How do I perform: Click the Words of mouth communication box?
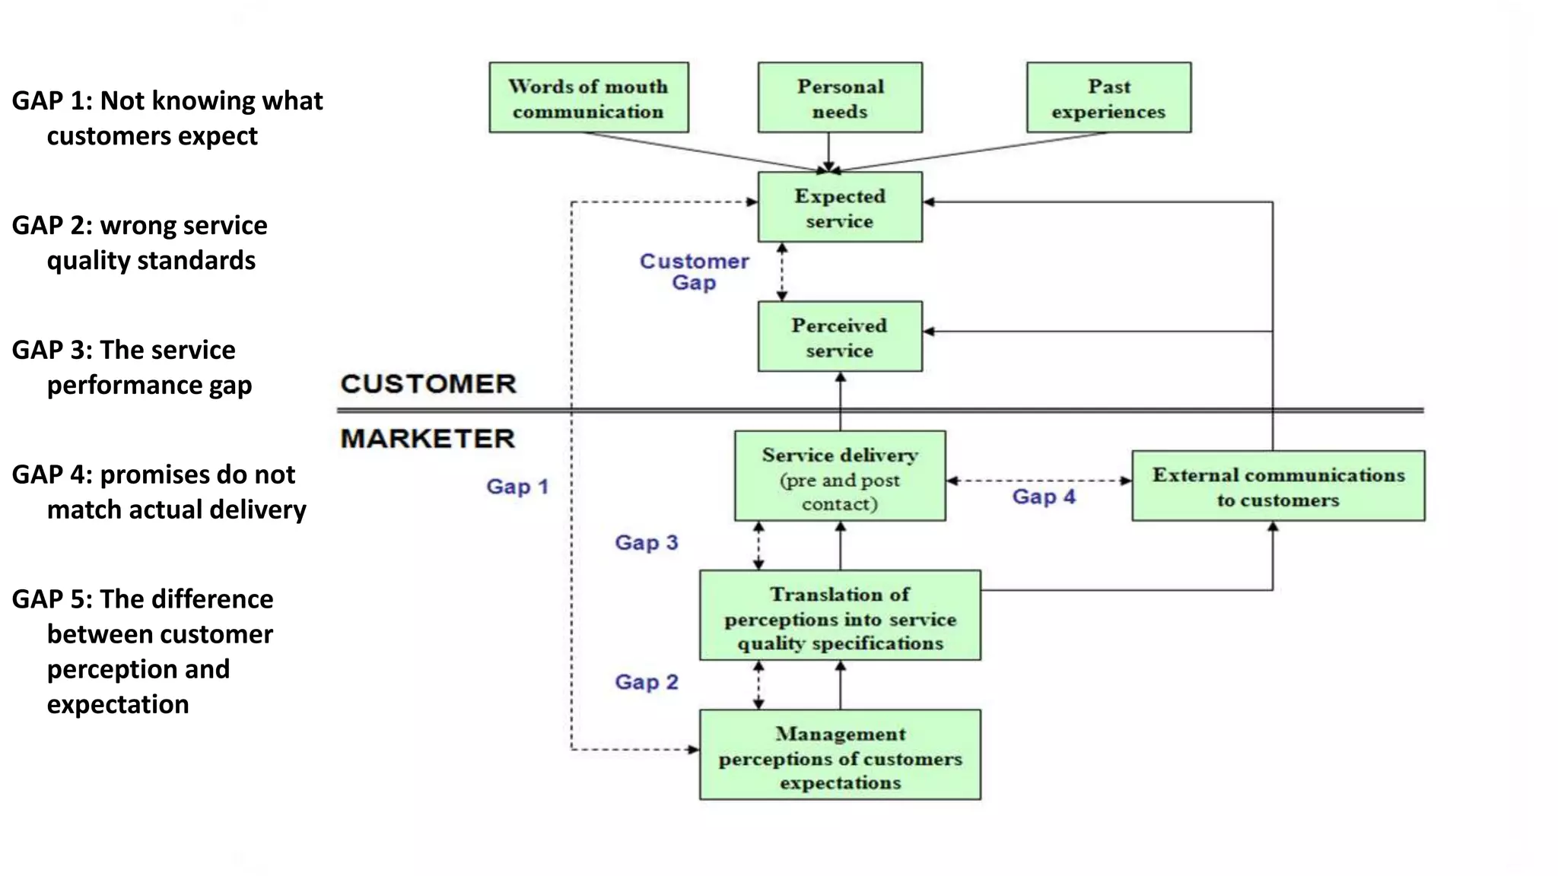coord(588,98)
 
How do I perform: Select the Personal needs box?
coord(840,98)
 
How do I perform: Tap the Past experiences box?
coord(1108,98)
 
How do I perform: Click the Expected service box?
coord(840,208)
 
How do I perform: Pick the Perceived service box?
coord(840,337)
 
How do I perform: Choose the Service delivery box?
coord(840,477)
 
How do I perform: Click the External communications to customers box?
coord(1278,487)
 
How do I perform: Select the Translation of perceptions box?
coord(840,616)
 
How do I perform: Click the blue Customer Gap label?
coord(694,271)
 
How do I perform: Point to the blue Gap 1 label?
coord(517,487)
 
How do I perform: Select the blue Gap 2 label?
coord(647,682)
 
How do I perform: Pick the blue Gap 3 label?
coord(647,543)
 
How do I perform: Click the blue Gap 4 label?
coord(1044,497)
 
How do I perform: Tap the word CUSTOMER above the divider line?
coord(428,384)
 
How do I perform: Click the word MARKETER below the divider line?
coord(428,439)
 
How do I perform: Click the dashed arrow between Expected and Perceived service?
coord(782,271)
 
